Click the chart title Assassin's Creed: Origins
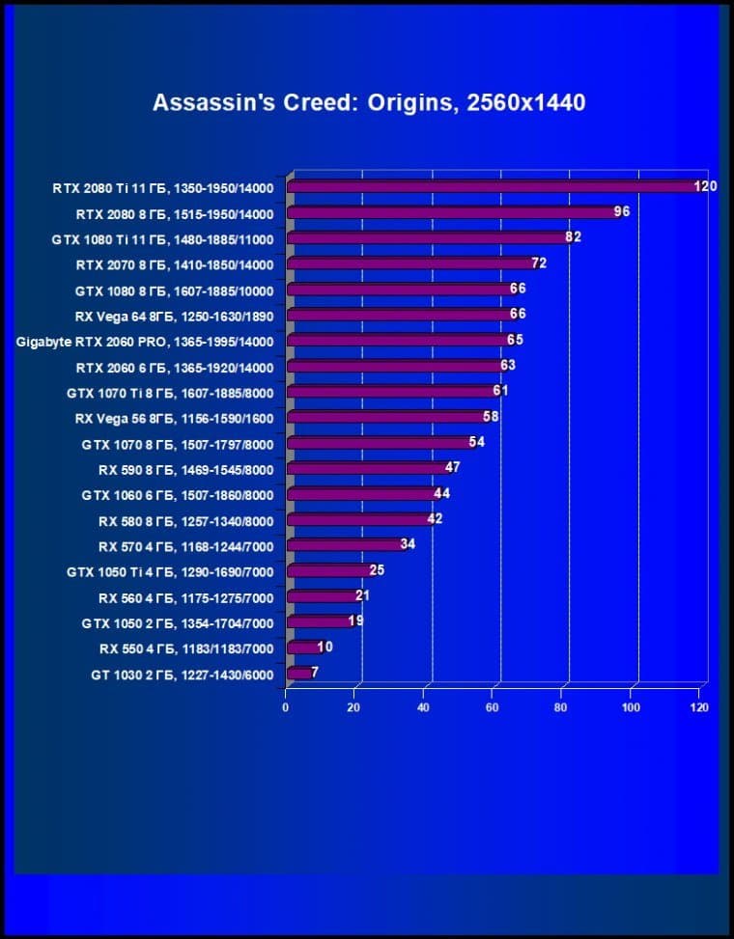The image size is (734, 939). point(369,102)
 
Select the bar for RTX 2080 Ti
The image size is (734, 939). point(493,186)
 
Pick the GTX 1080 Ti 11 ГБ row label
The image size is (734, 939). point(162,239)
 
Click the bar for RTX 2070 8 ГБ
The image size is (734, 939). point(410,263)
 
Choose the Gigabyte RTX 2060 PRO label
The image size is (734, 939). point(145,342)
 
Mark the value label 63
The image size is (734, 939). point(509,366)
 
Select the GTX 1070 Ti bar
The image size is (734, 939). point(391,391)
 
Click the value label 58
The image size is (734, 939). point(491,416)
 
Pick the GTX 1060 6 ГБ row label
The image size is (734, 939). point(178,495)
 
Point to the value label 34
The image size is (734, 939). point(408,544)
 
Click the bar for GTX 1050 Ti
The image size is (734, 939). point(328,571)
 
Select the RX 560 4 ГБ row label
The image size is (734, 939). point(185,598)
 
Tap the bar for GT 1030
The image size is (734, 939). point(298,673)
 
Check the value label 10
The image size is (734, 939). point(325,647)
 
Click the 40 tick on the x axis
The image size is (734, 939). point(423,707)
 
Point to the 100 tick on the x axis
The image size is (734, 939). point(631,707)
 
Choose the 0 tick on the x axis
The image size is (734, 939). point(285,707)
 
